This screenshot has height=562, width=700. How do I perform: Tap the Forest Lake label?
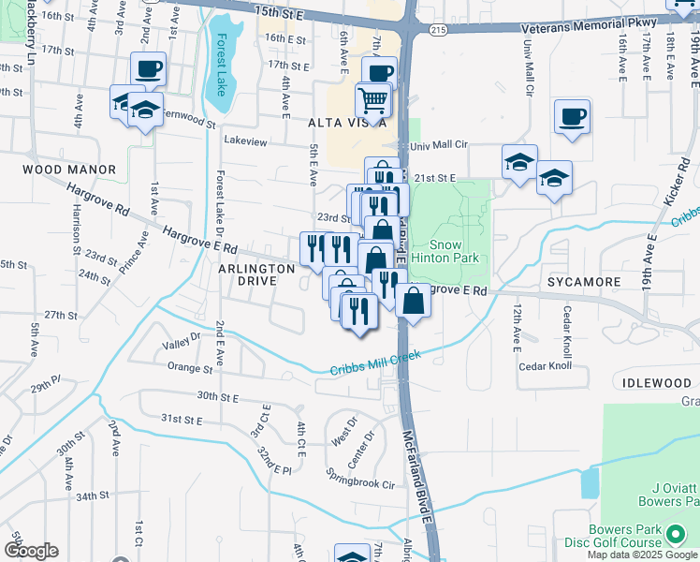pyautogui.click(x=222, y=58)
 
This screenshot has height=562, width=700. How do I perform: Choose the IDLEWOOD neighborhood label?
pyautogui.click(x=655, y=383)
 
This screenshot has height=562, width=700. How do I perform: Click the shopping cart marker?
pyautogui.click(x=372, y=100)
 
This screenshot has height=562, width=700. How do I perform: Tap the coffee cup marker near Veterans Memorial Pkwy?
pyautogui.click(x=572, y=118)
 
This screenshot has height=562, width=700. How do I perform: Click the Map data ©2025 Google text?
pyautogui.click(x=642, y=555)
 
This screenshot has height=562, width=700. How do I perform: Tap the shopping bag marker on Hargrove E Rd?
pyautogui.click(x=413, y=302)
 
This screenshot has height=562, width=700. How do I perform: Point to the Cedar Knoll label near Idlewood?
pyautogui.click(x=545, y=365)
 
